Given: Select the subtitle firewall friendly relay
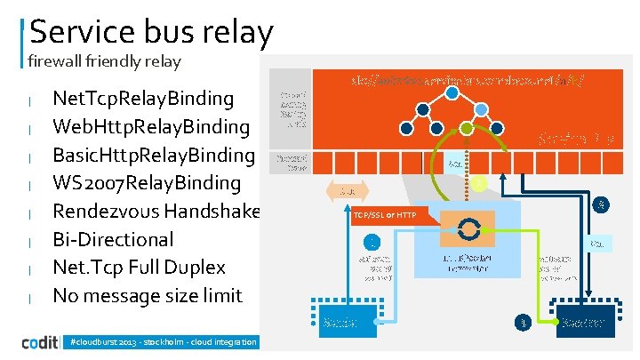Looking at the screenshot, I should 104,61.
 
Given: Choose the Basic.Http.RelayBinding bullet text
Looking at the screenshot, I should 154,154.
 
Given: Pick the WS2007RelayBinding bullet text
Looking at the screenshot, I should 147,182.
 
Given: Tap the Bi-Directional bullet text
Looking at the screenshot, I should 113,239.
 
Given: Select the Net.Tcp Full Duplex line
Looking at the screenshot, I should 140,267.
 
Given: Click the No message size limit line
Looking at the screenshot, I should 147,295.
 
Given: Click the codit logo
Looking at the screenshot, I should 42,342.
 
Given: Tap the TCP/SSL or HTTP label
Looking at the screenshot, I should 390,216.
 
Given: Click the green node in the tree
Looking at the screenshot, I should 467,129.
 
